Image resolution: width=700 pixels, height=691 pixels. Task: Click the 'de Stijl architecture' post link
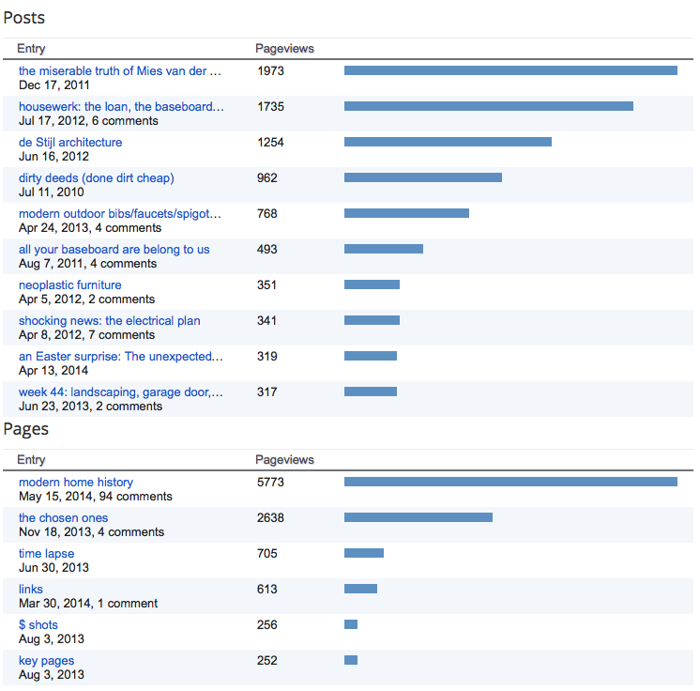click(70, 143)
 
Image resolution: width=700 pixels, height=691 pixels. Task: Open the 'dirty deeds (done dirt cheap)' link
click(96, 178)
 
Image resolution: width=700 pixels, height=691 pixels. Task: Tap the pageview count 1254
click(270, 143)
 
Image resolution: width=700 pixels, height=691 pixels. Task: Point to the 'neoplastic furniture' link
click(69, 285)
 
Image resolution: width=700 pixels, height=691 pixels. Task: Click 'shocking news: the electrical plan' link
click(109, 321)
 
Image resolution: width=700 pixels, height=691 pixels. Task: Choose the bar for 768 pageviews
click(406, 214)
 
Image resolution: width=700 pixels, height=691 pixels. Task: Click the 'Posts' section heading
click(23, 18)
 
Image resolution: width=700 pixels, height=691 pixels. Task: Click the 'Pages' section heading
click(25, 429)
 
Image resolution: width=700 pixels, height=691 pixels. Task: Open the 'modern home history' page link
click(76, 483)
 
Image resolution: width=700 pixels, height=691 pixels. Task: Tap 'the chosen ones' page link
click(63, 518)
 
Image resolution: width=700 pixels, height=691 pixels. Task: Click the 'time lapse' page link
click(46, 554)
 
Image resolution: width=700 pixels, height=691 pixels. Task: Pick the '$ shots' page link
click(38, 625)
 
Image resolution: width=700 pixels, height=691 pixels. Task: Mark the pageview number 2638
click(270, 518)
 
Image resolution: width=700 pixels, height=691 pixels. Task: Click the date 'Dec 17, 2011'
click(54, 85)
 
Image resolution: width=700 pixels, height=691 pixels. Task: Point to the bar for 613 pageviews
click(360, 590)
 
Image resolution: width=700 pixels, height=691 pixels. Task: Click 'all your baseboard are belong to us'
click(114, 250)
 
